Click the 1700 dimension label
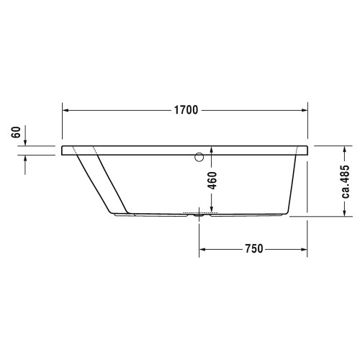coord(186,111)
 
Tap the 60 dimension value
coord(16,134)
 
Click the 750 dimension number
coord(253,249)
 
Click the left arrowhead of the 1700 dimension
coord(66,111)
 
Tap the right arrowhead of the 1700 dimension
coord(305,111)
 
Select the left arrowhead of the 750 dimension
coord(203,249)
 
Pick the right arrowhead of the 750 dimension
coord(305,249)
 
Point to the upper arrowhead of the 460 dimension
coord(212,156)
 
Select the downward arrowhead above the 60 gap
coord(27,141)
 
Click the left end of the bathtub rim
coord(63,150)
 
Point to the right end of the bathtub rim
coord(310,150)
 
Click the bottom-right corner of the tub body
coord(288,215)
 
